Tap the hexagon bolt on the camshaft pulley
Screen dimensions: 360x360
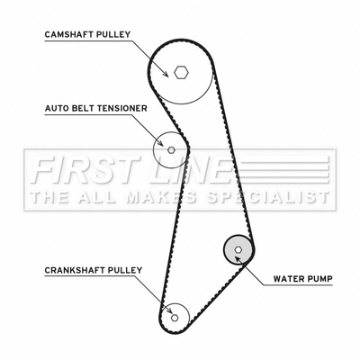(181, 72)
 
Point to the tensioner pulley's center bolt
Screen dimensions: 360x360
(171, 149)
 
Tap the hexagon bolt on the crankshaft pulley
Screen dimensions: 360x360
(175, 317)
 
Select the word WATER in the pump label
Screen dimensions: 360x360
(286, 279)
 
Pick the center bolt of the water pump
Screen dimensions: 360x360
(238, 249)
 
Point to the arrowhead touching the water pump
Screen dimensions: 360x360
(238, 259)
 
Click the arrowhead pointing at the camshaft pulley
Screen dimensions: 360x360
(165, 74)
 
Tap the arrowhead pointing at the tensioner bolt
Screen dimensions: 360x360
(160, 143)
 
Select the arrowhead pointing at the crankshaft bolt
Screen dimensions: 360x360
(169, 310)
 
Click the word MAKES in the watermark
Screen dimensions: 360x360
(161, 197)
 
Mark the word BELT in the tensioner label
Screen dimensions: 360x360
(83, 108)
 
